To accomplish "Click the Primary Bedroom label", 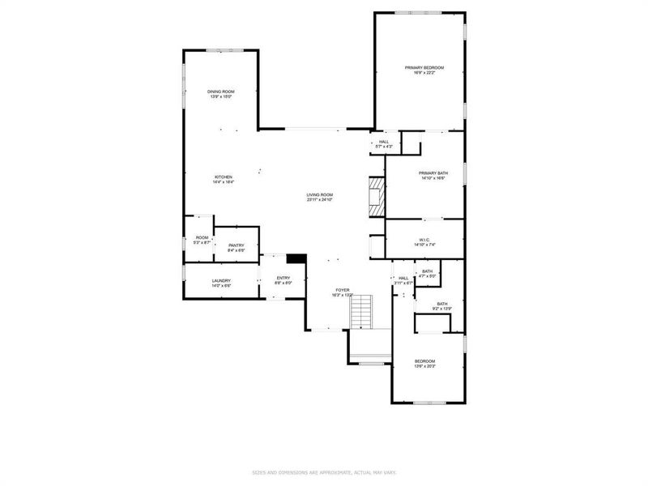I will pyautogui.click(x=424, y=70).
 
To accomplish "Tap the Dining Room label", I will pyautogui.click(x=220, y=94).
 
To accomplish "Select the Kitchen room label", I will pyautogui.click(x=223, y=179).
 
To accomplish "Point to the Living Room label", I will pyautogui.click(x=320, y=197).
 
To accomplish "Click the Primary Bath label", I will pyautogui.click(x=433, y=175).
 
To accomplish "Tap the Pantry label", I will pyautogui.click(x=236, y=247).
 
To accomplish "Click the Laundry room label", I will pyautogui.click(x=222, y=283).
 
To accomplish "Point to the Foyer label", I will pyautogui.click(x=343, y=292).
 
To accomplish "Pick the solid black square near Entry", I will pyautogui.click(x=297, y=259).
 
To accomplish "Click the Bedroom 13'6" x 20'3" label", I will pyautogui.click(x=425, y=363).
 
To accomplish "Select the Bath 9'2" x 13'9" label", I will pyautogui.click(x=442, y=305).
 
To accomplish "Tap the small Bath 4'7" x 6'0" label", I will pyautogui.click(x=427, y=274).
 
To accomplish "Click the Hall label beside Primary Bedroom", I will pyautogui.click(x=384, y=143).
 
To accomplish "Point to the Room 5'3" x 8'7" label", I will pyautogui.click(x=202, y=240).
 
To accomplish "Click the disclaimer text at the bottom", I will pyautogui.click(x=323, y=472).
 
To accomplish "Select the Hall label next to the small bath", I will pyautogui.click(x=403, y=280).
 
